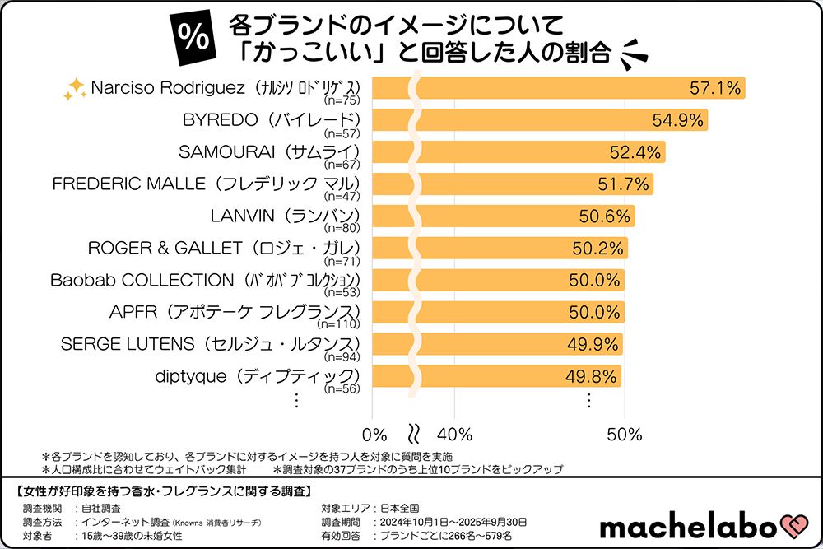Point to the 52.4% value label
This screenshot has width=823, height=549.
coord(636,152)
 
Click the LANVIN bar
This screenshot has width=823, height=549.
coord(503,216)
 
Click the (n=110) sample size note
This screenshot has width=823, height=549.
coord(343,324)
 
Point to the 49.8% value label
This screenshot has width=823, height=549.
coord(593,376)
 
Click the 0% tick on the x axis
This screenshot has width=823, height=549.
coord(374,434)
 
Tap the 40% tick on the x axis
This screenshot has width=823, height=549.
coord(453,434)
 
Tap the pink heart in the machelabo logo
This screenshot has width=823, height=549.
coord(792,525)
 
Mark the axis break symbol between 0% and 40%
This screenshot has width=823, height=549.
coord(415,433)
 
